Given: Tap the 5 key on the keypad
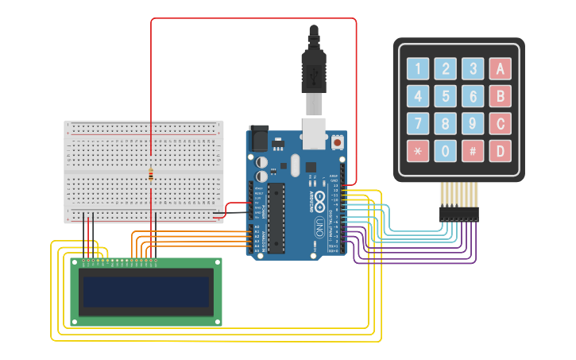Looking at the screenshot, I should pyautogui.click(x=446, y=96).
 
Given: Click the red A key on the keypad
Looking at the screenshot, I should pyautogui.click(x=500, y=69).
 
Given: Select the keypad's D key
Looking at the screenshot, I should pyautogui.click(x=500, y=150).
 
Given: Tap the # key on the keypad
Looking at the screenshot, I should pyautogui.click(x=473, y=150).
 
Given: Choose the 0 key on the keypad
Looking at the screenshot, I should pyautogui.click(x=446, y=150).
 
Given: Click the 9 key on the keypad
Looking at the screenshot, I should pyautogui.click(x=473, y=123).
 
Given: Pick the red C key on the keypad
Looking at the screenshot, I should pyautogui.click(x=500, y=123).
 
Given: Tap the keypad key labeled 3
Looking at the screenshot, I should pyautogui.click(x=473, y=69).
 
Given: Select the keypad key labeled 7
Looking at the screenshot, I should pyautogui.click(x=419, y=123).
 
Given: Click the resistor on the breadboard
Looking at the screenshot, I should pyautogui.click(x=151, y=175).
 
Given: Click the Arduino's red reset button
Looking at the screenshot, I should pyautogui.click(x=338, y=143).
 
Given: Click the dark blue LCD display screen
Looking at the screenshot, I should pyautogui.click(x=146, y=292).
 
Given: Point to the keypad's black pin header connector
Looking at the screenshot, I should pyautogui.click(x=459, y=214).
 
